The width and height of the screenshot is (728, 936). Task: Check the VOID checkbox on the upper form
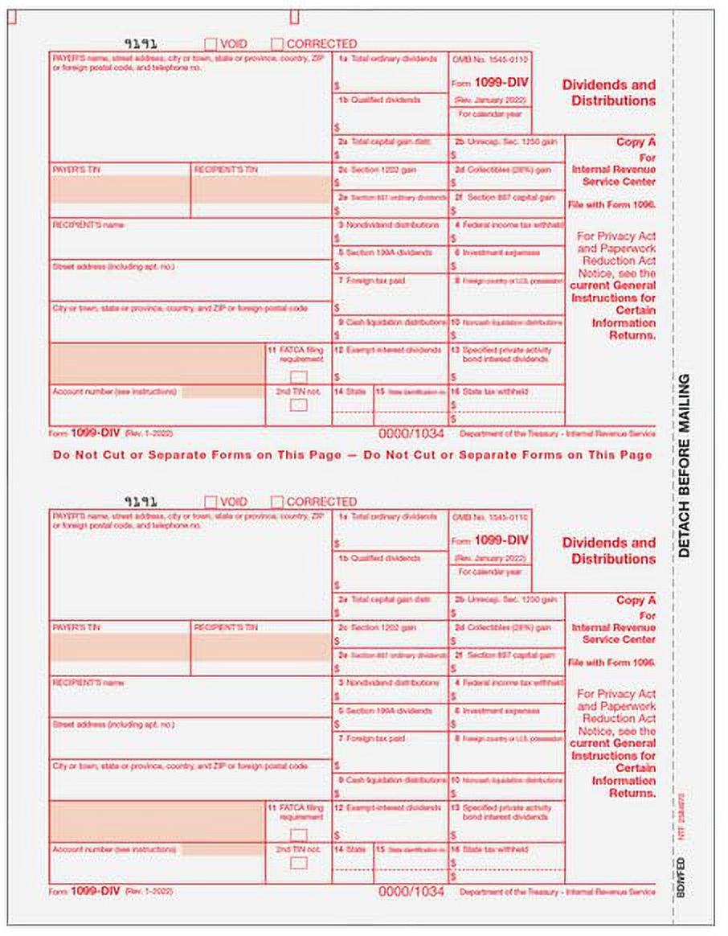click(x=211, y=44)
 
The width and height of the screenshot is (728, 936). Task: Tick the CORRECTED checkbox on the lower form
click(x=277, y=502)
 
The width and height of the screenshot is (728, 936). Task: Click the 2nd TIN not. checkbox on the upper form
click(x=298, y=404)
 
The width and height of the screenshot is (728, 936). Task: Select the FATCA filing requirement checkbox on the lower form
click(x=298, y=835)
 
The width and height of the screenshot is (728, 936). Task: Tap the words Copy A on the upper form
click(x=636, y=142)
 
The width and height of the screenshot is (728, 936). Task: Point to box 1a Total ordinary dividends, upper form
click(x=390, y=72)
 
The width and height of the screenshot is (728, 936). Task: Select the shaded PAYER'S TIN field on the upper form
click(x=121, y=190)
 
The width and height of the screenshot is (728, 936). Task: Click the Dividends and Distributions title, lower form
click(x=608, y=551)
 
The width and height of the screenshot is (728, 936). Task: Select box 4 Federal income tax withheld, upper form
click(x=506, y=232)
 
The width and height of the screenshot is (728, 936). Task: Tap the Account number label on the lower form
click(x=113, y=849)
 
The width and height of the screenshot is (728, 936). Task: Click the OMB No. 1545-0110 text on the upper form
click(x=490, y=60)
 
